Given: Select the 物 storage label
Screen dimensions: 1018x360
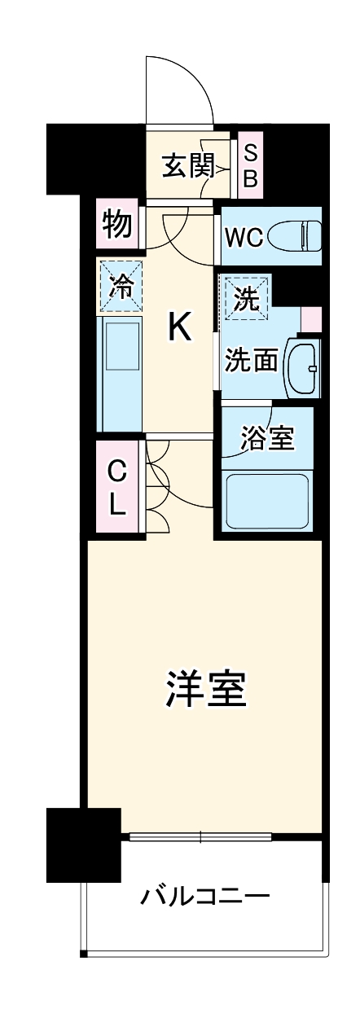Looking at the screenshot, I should click(x=117, y=224).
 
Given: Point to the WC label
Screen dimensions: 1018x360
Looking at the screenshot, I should click(x=244, y=237).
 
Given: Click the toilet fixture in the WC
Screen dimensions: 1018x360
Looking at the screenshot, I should click(x=297, y=236).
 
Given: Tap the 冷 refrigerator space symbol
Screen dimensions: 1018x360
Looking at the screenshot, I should click(x=120, y=286).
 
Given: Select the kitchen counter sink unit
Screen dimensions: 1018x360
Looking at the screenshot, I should click(x=120, y=373).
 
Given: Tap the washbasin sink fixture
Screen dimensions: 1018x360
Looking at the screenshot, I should click(x=305, y=368).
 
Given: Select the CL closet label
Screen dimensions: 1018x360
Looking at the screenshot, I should click(x=118, y=487).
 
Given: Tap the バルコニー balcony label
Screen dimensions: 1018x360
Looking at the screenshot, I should click(x=205, y=899).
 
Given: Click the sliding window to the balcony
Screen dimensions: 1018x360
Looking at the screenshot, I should click(x=200, y=836).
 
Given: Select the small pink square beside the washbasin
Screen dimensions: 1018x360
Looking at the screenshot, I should click(x=311, y=318).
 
